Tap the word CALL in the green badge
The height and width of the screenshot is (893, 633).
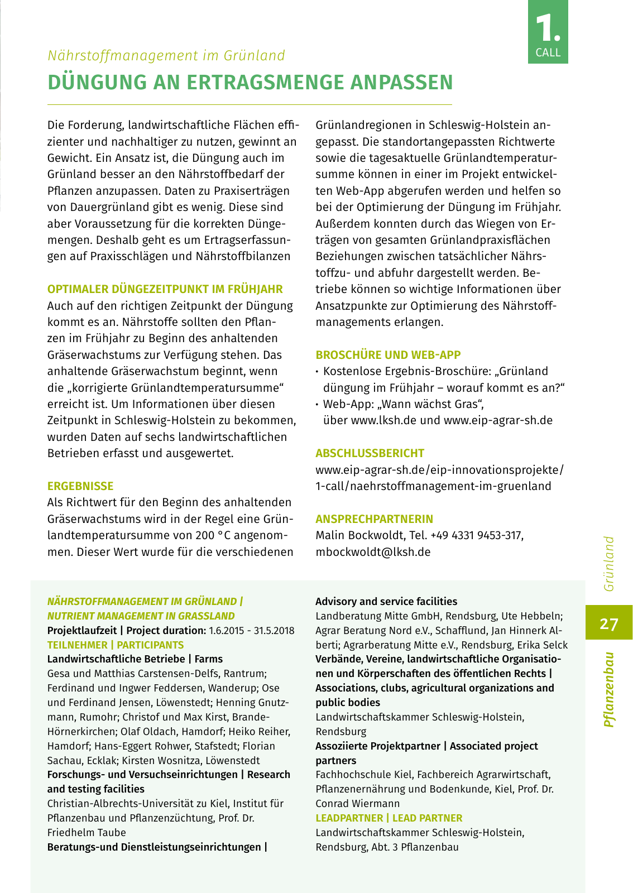click(x=548, y=52)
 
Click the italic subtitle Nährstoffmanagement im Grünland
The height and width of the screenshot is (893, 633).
click(x=166, y=56)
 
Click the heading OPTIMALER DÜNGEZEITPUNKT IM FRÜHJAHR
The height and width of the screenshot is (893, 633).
click(x=165, y=289)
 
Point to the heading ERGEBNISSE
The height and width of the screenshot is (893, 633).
click(x=80, y=486)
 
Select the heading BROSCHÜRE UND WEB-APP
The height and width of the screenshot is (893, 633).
click(x=388, y=355)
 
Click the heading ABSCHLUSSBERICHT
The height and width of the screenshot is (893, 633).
click(x=370, y=453)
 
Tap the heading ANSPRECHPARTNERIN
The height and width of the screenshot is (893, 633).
click(x=374, y=519)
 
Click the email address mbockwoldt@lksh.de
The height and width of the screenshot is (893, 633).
click(x=373, y=552)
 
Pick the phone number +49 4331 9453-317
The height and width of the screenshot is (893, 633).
click(x=476, y=535)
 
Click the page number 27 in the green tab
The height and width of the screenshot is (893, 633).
click(x=609, y=623)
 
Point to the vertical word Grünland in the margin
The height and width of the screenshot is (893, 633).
click(x=609, y=564)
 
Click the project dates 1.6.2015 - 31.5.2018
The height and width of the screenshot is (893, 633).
click(x=252, y=631)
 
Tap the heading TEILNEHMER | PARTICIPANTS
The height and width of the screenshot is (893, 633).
click(x=116, y=645)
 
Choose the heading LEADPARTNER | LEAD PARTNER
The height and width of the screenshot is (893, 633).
click(x=389, y=818)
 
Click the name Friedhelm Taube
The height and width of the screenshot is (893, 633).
click(x=87, y=833)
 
